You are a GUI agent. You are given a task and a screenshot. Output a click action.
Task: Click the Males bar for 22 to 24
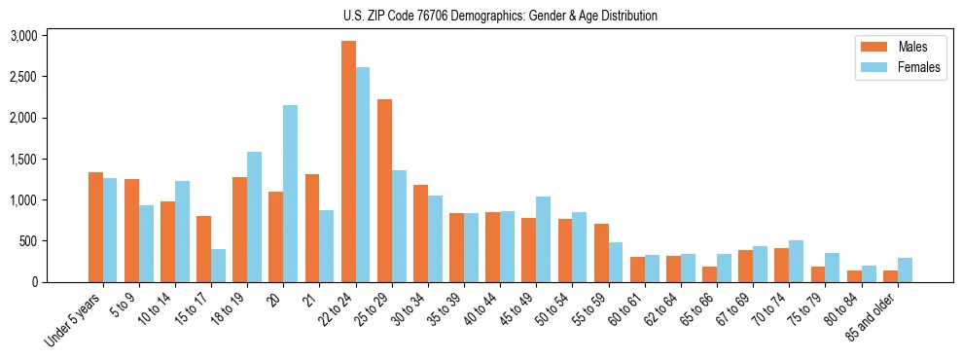coord(348,162)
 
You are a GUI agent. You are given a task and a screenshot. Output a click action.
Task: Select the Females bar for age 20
coord(290,194)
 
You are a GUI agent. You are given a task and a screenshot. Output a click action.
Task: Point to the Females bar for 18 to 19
coord(254,217)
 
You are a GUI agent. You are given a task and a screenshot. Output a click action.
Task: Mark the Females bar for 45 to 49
coord(543,239)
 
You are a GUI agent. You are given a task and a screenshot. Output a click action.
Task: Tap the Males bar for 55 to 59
coord(601,253)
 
